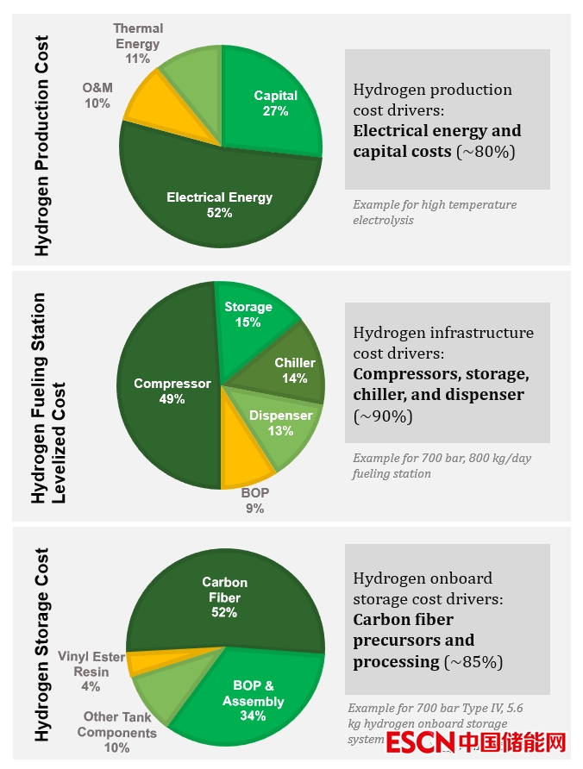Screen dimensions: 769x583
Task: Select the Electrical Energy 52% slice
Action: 219,203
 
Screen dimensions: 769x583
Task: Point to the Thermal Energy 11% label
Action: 138,44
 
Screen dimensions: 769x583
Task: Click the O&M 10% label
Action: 97,96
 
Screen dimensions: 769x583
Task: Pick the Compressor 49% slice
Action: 172,391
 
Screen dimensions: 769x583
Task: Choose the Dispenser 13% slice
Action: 278,422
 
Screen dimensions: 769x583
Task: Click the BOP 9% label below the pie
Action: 254,500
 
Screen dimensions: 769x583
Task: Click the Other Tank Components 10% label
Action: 117,732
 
